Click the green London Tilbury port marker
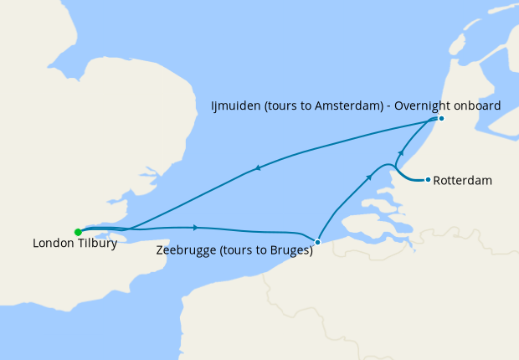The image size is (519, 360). point(78,232)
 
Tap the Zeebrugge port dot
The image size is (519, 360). point(317,242)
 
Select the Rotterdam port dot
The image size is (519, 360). point(428,179)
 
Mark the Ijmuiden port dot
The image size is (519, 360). point(441,118)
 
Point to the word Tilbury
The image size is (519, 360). point(95,244)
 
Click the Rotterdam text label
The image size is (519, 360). point(462,180)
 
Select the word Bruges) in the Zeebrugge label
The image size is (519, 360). point(292,250)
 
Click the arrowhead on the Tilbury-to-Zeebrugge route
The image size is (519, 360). point(196,227)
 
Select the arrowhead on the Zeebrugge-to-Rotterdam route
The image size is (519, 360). point(369,177)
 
